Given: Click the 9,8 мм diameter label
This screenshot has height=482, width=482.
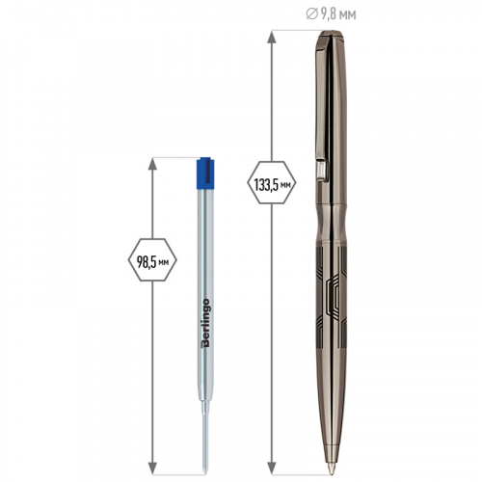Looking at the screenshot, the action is pyautogui.click(x=331, y=14).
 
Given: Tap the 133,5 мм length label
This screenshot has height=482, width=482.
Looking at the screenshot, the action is pyautogui.click(x=272, y=185).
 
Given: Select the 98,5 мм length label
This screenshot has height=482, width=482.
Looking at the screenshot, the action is pyautogui.click(x=152, y=262).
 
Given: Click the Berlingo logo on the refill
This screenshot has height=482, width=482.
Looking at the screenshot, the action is pyautogui.click(x=205, y=323).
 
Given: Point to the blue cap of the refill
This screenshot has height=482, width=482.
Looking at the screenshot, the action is pyautogui.click(x=205, y=173).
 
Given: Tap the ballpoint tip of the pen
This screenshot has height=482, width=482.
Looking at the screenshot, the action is pyautogui.click(x=331, y=469).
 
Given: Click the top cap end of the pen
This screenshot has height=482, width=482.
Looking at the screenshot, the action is pyautogui.click(x=331, y=34).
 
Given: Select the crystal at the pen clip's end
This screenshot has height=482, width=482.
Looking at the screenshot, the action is pyautogui.click(x=320, y=170).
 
